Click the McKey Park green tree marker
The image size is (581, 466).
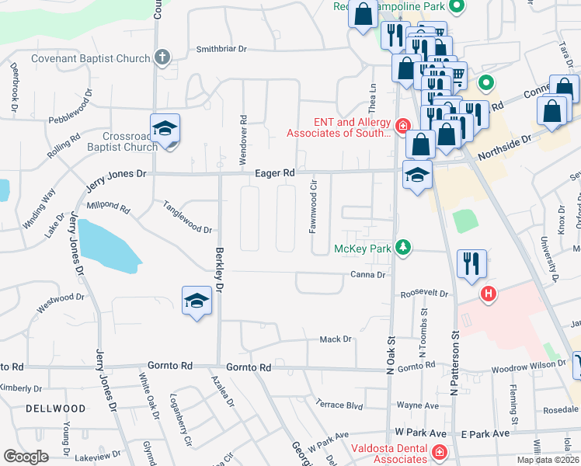[x=402, y=248]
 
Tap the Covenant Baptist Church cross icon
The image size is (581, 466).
[x=162, y=58]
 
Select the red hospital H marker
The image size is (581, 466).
[x=489, y=294]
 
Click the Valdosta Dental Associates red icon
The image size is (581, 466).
[x=439, y=452]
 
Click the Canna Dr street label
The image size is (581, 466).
[x=367, y=275]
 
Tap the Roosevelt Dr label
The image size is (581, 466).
[x=424, y=294]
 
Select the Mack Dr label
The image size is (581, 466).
[x=336, y=339]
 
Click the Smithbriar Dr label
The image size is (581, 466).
[x=221, y=48]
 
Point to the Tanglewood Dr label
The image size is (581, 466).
[x=187, y=217]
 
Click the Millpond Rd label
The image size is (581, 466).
[x=108, y=207]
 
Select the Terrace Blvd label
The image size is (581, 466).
[x=339, y=405]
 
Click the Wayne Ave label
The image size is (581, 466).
[x=418, y=405]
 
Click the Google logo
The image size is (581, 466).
[x=26, y=456]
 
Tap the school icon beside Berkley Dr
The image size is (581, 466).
[x=197, y=301]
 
